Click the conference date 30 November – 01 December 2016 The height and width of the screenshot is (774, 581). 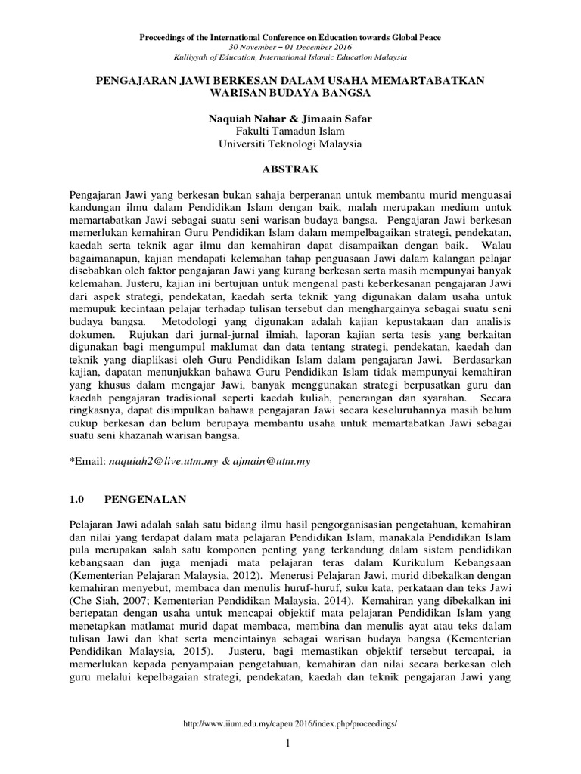click(290, 47)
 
